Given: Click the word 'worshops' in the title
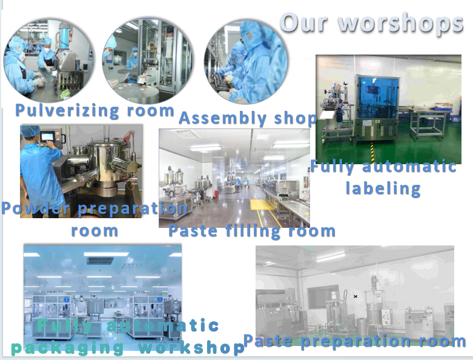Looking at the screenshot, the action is [400, 23].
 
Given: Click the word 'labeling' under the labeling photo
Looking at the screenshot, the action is [383, 188].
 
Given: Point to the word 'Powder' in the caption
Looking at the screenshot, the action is [36, 208].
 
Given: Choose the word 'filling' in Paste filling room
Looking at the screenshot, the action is [253, 232].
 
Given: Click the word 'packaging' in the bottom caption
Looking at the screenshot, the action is [67, 348].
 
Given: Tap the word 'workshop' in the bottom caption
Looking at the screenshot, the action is [191, 348].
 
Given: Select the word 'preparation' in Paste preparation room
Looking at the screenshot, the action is [356, 342].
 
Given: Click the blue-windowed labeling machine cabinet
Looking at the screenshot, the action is [377, 107].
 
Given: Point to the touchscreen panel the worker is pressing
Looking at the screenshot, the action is [48, 138].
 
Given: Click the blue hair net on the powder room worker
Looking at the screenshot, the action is [30, 131].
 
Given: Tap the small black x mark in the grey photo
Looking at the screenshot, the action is [356, 296].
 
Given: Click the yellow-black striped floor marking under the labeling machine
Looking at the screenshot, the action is [372, 152].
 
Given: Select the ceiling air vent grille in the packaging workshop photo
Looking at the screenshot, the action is [101, 260].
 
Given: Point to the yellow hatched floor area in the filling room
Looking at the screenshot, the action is [262, 205].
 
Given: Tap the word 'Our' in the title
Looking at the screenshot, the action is [304, 22].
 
